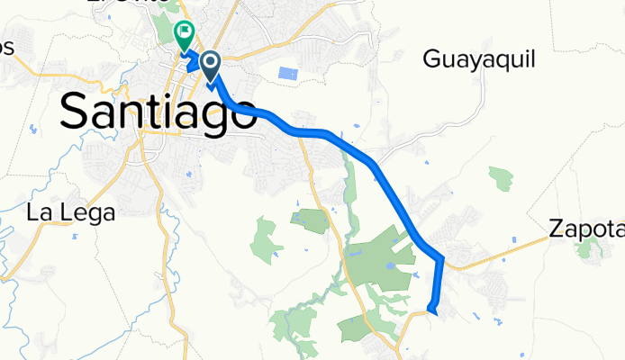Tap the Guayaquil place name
[479, 60]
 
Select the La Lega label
[70, 213]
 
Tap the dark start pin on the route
[211, 64]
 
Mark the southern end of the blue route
[432, 311]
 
